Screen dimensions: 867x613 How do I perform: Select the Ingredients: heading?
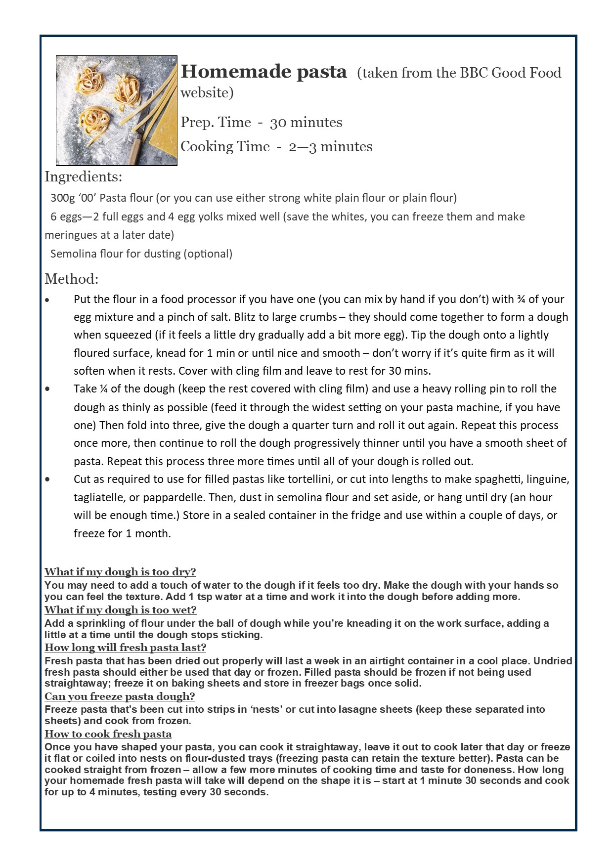coord(83,176)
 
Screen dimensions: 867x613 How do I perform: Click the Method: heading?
coord(71,279)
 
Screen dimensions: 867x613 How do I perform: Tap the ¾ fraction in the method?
coord(521,299)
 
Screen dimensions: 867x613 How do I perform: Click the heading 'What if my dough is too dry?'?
coord(120,572)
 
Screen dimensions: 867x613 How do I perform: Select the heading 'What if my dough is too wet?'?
coord(120,610)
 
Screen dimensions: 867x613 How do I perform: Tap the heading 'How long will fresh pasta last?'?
coord(125,648)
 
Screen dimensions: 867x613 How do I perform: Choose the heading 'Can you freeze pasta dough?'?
coord(120,696)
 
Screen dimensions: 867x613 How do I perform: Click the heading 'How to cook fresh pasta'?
coord(108,734)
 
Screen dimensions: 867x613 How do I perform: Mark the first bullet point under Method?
coord(47,300)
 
